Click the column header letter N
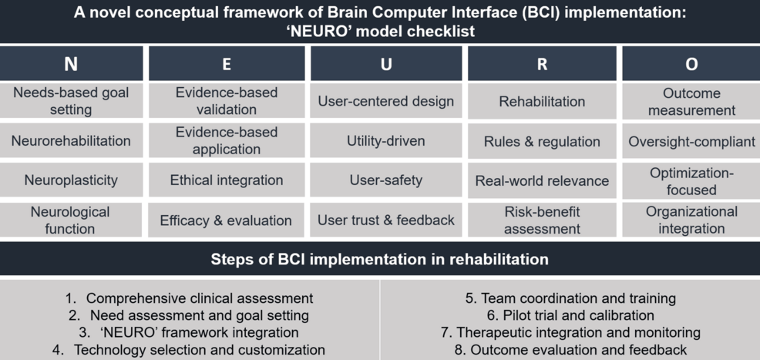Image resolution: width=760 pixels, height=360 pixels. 71,65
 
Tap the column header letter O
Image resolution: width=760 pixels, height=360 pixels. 691,65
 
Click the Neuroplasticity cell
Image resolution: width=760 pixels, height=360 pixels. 71,180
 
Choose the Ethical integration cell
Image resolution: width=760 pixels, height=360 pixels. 227,180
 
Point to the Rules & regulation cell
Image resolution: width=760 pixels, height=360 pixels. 542,141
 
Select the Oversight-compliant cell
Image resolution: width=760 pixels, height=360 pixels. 691,141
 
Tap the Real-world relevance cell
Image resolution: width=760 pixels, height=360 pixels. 542,181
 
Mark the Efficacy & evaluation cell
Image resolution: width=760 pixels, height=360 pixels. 226,220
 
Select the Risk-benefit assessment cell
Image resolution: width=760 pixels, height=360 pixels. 542,220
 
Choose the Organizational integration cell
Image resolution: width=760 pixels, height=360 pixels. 691,220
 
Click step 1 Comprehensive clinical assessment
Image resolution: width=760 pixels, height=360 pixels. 190,298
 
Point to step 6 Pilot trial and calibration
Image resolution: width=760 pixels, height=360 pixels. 570,315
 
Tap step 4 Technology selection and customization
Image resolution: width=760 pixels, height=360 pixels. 189,350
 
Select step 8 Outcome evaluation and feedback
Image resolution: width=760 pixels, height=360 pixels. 570,350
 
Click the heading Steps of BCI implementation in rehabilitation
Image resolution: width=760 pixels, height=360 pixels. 380,259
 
